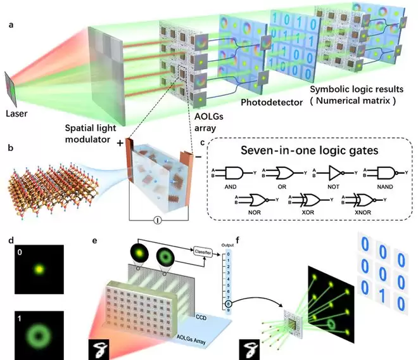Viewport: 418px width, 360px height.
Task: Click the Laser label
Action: point(18,115)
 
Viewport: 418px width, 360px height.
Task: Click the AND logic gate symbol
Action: point(236,172)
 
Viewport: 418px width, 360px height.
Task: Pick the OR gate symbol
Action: point(282,172)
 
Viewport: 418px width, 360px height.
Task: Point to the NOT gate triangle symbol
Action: point(336,172)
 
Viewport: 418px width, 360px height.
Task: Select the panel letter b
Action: point(9,153)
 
